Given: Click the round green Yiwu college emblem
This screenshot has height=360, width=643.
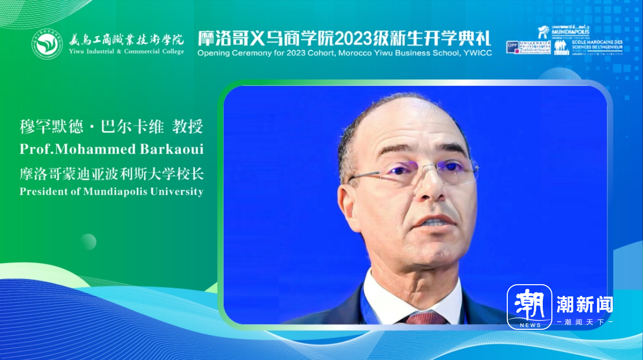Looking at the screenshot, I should point(47,43).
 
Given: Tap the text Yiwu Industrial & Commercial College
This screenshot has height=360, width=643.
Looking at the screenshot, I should point(126,51).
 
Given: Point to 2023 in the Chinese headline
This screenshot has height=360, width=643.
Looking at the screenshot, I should point(355,38).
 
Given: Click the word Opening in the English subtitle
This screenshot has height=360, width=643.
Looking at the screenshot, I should point(213,53).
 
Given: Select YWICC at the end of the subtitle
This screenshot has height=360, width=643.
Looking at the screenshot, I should point(479,53).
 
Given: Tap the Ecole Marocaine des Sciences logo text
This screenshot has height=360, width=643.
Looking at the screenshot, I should point(597,47).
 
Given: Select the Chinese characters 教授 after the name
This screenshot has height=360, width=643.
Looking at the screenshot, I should point(189,127).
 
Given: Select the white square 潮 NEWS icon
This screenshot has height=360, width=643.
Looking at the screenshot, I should point(529,306).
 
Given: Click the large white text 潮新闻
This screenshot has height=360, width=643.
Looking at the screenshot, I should point(584,304).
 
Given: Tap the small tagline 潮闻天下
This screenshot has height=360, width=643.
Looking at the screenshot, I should point(584,322).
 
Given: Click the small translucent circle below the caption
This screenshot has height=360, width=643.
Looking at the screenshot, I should point(88,242).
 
